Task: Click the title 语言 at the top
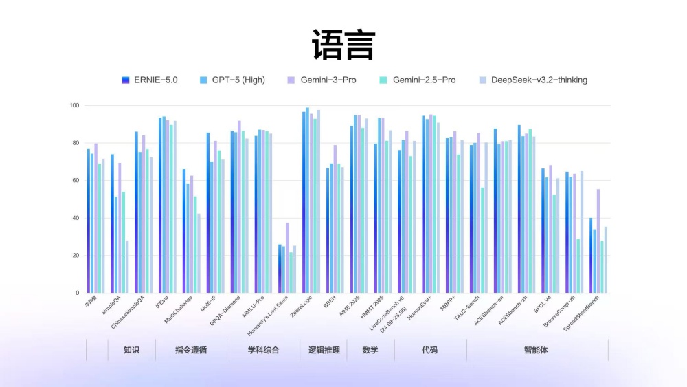343,45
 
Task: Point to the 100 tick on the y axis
74,106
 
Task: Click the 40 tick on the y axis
76,218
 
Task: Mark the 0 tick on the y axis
77,293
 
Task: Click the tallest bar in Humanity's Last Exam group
287,258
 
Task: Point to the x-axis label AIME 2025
349,308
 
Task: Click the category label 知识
131,350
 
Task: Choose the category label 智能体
536,350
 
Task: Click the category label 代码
429,350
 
